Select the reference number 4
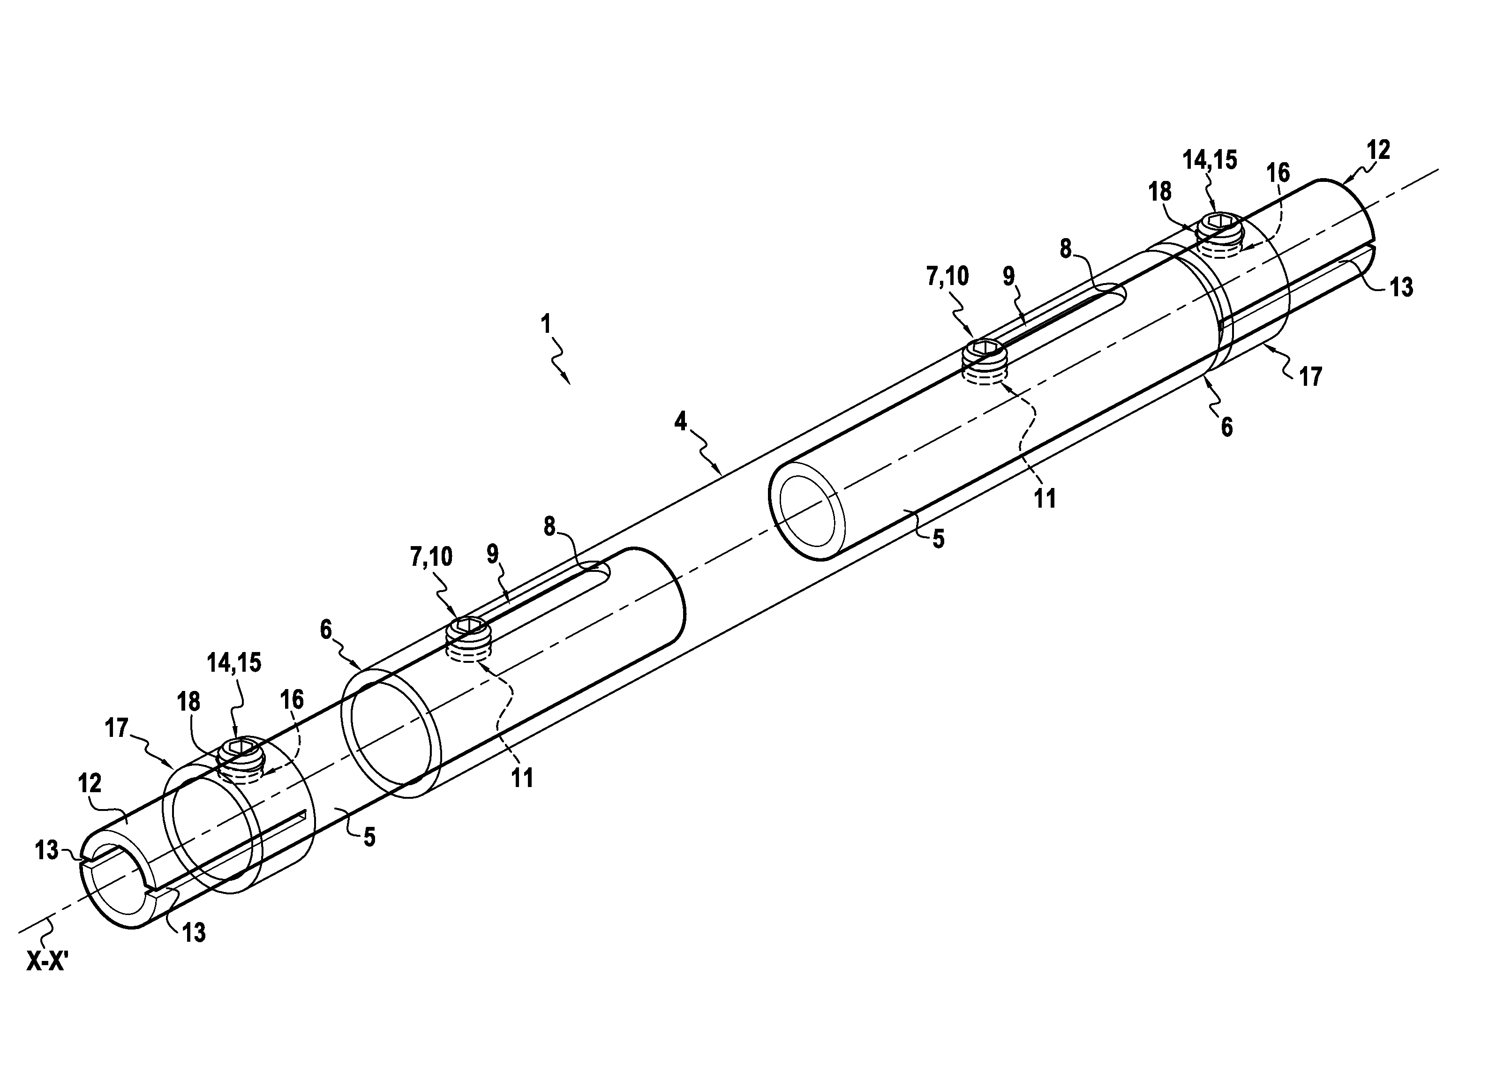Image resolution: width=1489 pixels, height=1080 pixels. tap(681, 421)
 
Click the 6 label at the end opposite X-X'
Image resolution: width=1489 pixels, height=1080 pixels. tap(1226, 428)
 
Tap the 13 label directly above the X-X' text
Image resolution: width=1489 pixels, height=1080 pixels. tap(46, 850)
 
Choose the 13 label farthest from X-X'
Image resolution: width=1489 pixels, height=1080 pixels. tap(1401, 287)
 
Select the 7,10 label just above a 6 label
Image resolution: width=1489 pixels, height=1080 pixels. tap(431, 557)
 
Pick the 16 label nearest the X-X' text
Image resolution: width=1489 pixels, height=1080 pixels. tap(292, 700)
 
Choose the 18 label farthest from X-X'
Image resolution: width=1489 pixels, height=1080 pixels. tap(1160, 192)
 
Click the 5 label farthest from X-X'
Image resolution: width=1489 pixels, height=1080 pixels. tap(938, 539)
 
